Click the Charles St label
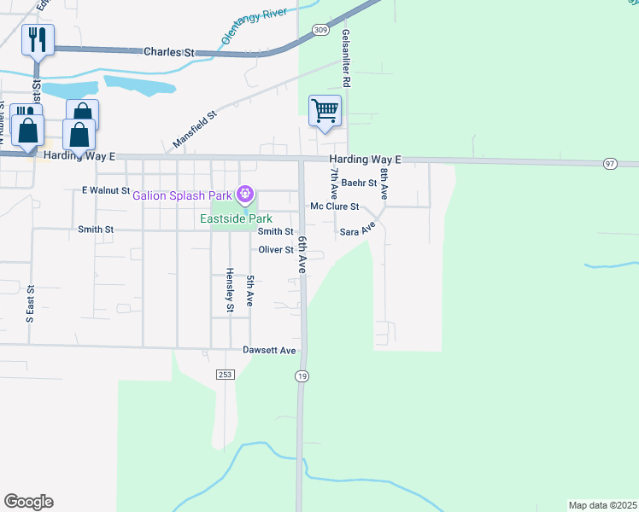167,52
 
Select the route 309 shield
320,30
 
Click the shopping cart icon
325,111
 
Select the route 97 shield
609,163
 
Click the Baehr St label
359,183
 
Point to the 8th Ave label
385,183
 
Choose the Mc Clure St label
334,207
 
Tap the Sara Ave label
358,230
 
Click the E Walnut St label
105,190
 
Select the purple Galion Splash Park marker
246,195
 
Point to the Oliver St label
277,250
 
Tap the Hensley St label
230,290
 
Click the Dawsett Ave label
269,351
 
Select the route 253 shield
225,375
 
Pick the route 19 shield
302,375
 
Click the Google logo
29,502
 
